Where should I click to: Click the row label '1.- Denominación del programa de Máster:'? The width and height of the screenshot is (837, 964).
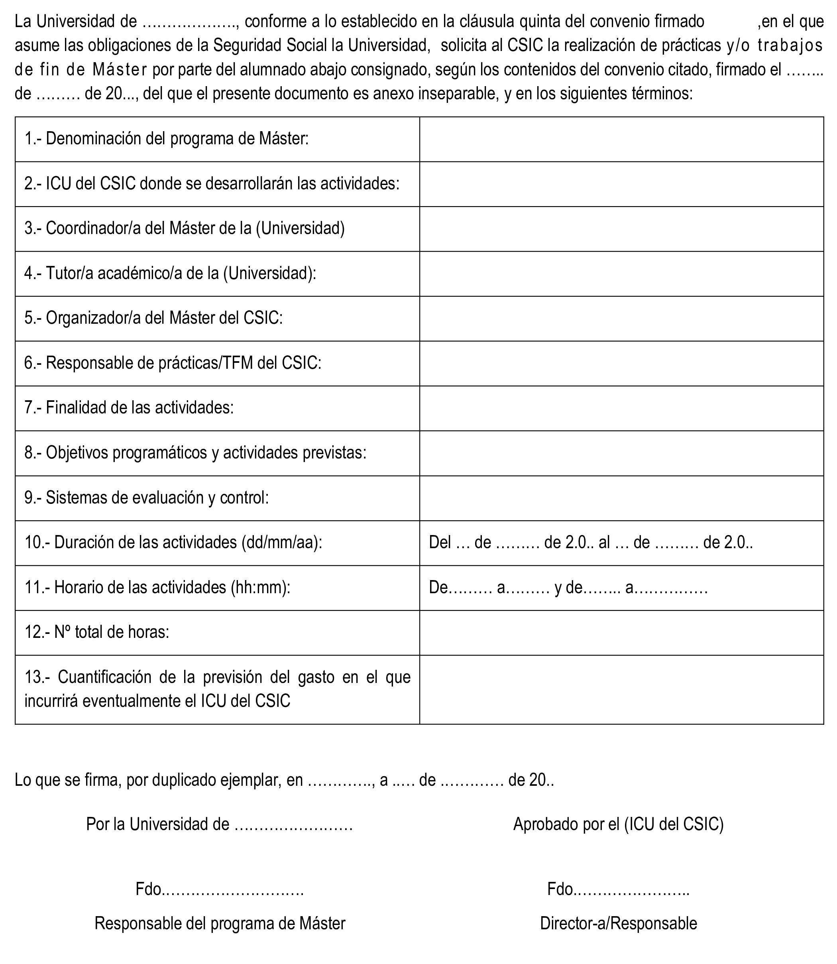[x=166, y=139]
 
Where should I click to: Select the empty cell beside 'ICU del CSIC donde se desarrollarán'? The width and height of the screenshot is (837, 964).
[x=621, y=184]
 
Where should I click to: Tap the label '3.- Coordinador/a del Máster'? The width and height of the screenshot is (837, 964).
[x=185, y=228]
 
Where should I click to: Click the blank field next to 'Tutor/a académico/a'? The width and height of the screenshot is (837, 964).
[x=621, y=274]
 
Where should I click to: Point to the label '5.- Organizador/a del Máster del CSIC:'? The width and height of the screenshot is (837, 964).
[x=153, y=318]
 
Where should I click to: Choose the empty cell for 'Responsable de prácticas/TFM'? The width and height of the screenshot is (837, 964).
[x=621, y=364]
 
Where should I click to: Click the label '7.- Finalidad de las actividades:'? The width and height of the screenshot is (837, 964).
[x=129, y=408]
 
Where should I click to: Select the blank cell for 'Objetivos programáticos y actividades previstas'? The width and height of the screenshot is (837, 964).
[x=621, y=453]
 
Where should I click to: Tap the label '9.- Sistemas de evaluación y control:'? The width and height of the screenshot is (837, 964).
[x=146, y=498]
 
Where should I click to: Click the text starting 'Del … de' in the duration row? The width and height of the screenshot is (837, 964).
[x=590, y=543]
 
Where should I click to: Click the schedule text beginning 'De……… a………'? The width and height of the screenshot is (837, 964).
[x=568, y=587]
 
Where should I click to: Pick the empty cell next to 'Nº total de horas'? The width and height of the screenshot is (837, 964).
[x=621, y=633]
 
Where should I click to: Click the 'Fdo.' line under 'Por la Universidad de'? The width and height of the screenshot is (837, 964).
[x=220, y=889]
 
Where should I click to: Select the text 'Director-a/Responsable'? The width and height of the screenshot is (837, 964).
[x=619, y=923]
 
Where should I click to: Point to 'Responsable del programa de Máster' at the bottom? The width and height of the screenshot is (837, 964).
[x=220, y=923]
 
